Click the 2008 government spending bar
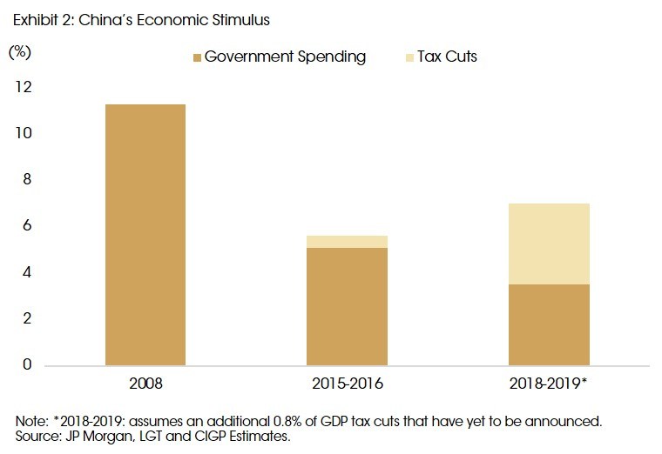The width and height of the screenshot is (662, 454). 145,235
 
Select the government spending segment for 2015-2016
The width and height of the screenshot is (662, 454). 347,306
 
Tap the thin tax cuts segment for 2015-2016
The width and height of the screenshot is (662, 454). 347,242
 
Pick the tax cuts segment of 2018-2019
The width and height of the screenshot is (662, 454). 549,244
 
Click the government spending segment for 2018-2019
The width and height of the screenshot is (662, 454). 549,324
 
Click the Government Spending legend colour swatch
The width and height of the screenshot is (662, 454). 198,57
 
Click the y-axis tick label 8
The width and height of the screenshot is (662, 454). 25,180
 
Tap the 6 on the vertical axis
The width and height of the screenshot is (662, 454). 25,226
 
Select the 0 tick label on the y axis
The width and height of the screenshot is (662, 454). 25,364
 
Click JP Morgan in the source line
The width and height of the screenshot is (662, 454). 85,436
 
